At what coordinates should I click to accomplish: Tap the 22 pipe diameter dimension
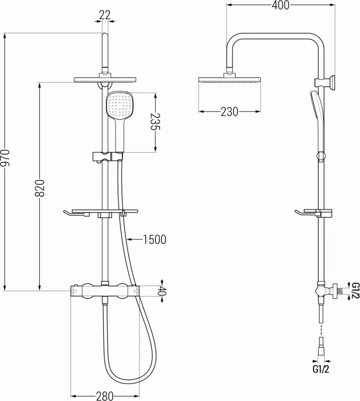click(104, 15)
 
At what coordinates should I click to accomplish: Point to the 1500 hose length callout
click(154, 240)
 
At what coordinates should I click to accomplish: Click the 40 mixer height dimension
click(162, 291)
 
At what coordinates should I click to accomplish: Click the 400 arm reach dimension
click(280, 6)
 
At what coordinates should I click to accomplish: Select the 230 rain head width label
click(229, 112)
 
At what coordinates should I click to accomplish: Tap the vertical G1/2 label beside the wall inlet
click(355, 292)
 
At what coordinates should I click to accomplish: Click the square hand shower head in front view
click(119, 105)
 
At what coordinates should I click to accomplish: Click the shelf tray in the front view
click(104, 211)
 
